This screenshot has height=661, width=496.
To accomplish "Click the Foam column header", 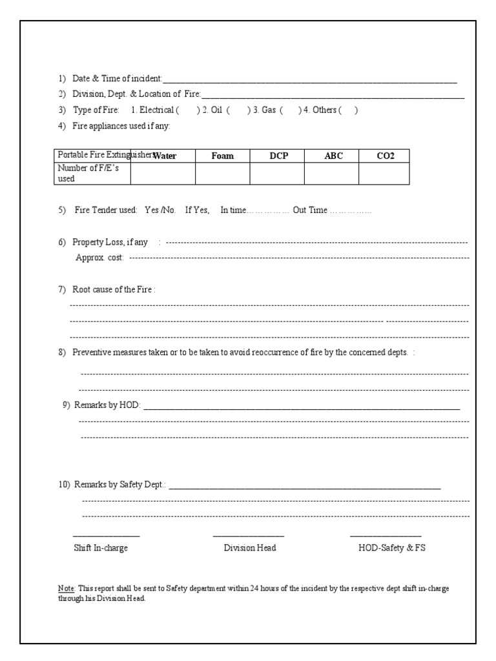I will coord(222,156).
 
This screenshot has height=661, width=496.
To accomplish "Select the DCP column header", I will coord(277,156).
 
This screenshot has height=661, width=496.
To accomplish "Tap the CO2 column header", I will coord(386,156).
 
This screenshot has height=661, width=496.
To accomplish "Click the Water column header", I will coord(165,156).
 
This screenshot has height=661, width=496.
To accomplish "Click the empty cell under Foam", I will coord(222,173).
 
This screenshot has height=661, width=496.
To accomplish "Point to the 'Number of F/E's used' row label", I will coord(84,173).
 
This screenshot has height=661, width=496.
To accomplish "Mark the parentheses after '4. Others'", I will coord(347,110).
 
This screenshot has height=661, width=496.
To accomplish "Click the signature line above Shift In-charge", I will coord(106,536).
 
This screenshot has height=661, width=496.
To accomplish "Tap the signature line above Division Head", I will coord(249,536).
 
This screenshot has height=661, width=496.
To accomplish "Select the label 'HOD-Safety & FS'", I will coord(392,548).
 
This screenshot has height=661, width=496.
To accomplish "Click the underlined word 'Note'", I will coord(67,589).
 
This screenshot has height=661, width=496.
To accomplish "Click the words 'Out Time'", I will coord(310,210).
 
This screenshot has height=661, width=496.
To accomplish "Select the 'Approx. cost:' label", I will coord(100,258).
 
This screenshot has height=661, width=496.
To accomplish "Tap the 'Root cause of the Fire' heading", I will coord(113,290).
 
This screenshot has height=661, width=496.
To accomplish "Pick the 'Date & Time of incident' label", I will coord(117,79).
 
